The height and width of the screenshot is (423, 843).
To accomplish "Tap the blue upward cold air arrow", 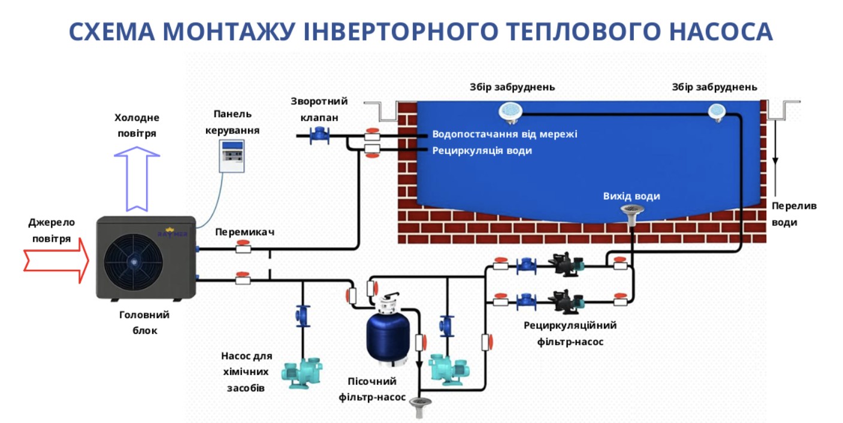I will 137,179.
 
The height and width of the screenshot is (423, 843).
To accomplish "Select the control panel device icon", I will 232,157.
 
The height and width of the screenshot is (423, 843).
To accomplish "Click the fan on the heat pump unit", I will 133,260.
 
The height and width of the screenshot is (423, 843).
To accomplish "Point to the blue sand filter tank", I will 388,338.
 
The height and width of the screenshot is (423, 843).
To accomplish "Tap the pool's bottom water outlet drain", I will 631,212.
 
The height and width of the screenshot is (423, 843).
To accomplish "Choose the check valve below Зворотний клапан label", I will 318,135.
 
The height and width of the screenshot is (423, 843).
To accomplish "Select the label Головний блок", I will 144,322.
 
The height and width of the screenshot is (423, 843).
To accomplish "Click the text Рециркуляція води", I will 482,151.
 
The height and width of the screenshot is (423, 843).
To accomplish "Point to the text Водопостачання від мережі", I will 504,134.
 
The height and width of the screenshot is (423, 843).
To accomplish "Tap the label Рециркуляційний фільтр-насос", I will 569,333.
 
